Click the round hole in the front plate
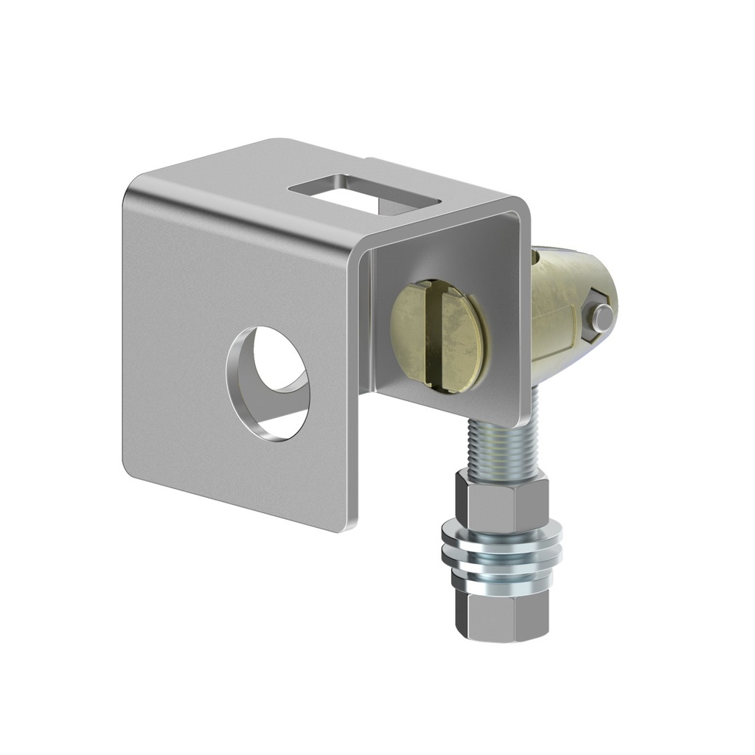tap(268, 384)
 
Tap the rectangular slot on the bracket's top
tap(364, 193)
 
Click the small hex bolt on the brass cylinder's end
tap(602, 318)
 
